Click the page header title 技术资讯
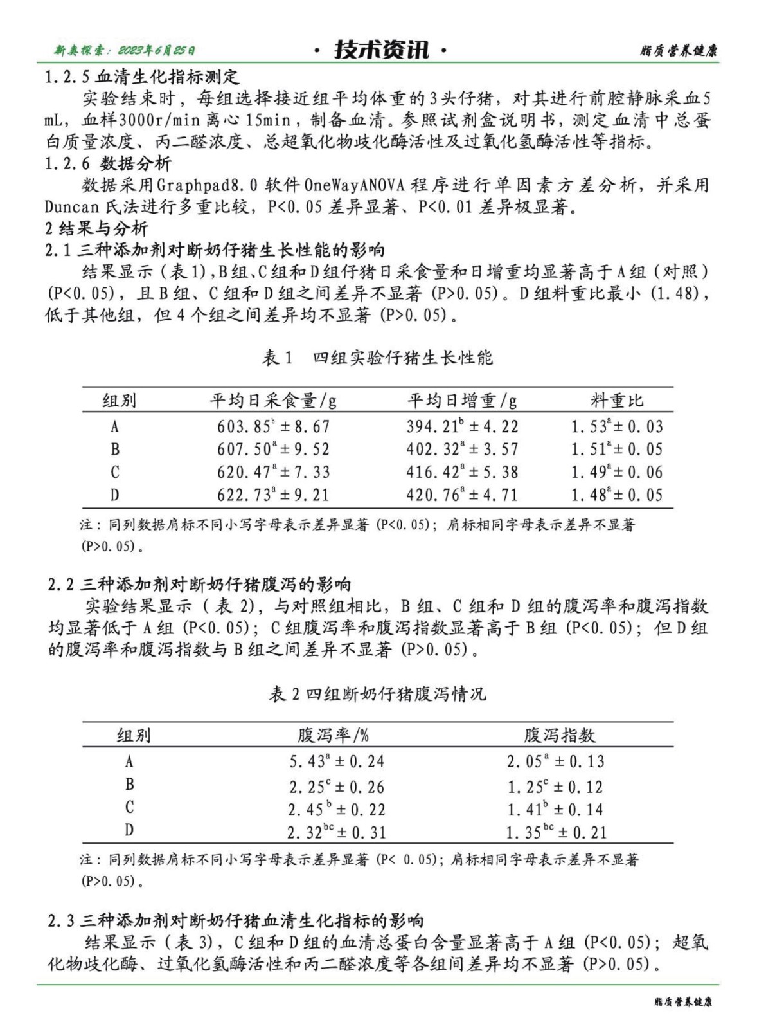pos(382,50)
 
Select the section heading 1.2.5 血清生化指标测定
pos(142,77)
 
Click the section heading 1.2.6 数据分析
pos(108,163)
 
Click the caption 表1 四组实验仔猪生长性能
pos(377,358)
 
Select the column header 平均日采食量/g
pos(273,401)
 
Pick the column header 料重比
pos(616,401)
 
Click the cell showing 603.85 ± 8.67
pos(273,426)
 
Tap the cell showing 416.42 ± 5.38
pos(461,472)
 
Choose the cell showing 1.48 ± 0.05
pos(616,495)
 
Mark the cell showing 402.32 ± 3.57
pos(461,449)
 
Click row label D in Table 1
pos(114,495)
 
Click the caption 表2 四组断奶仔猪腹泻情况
pos(377,694)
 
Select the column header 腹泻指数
pos(559,735)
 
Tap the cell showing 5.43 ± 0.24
pos(337,761)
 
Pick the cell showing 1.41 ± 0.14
pos(555,809)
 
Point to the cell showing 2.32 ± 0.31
pos(337,832)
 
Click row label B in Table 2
pos(130,785)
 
